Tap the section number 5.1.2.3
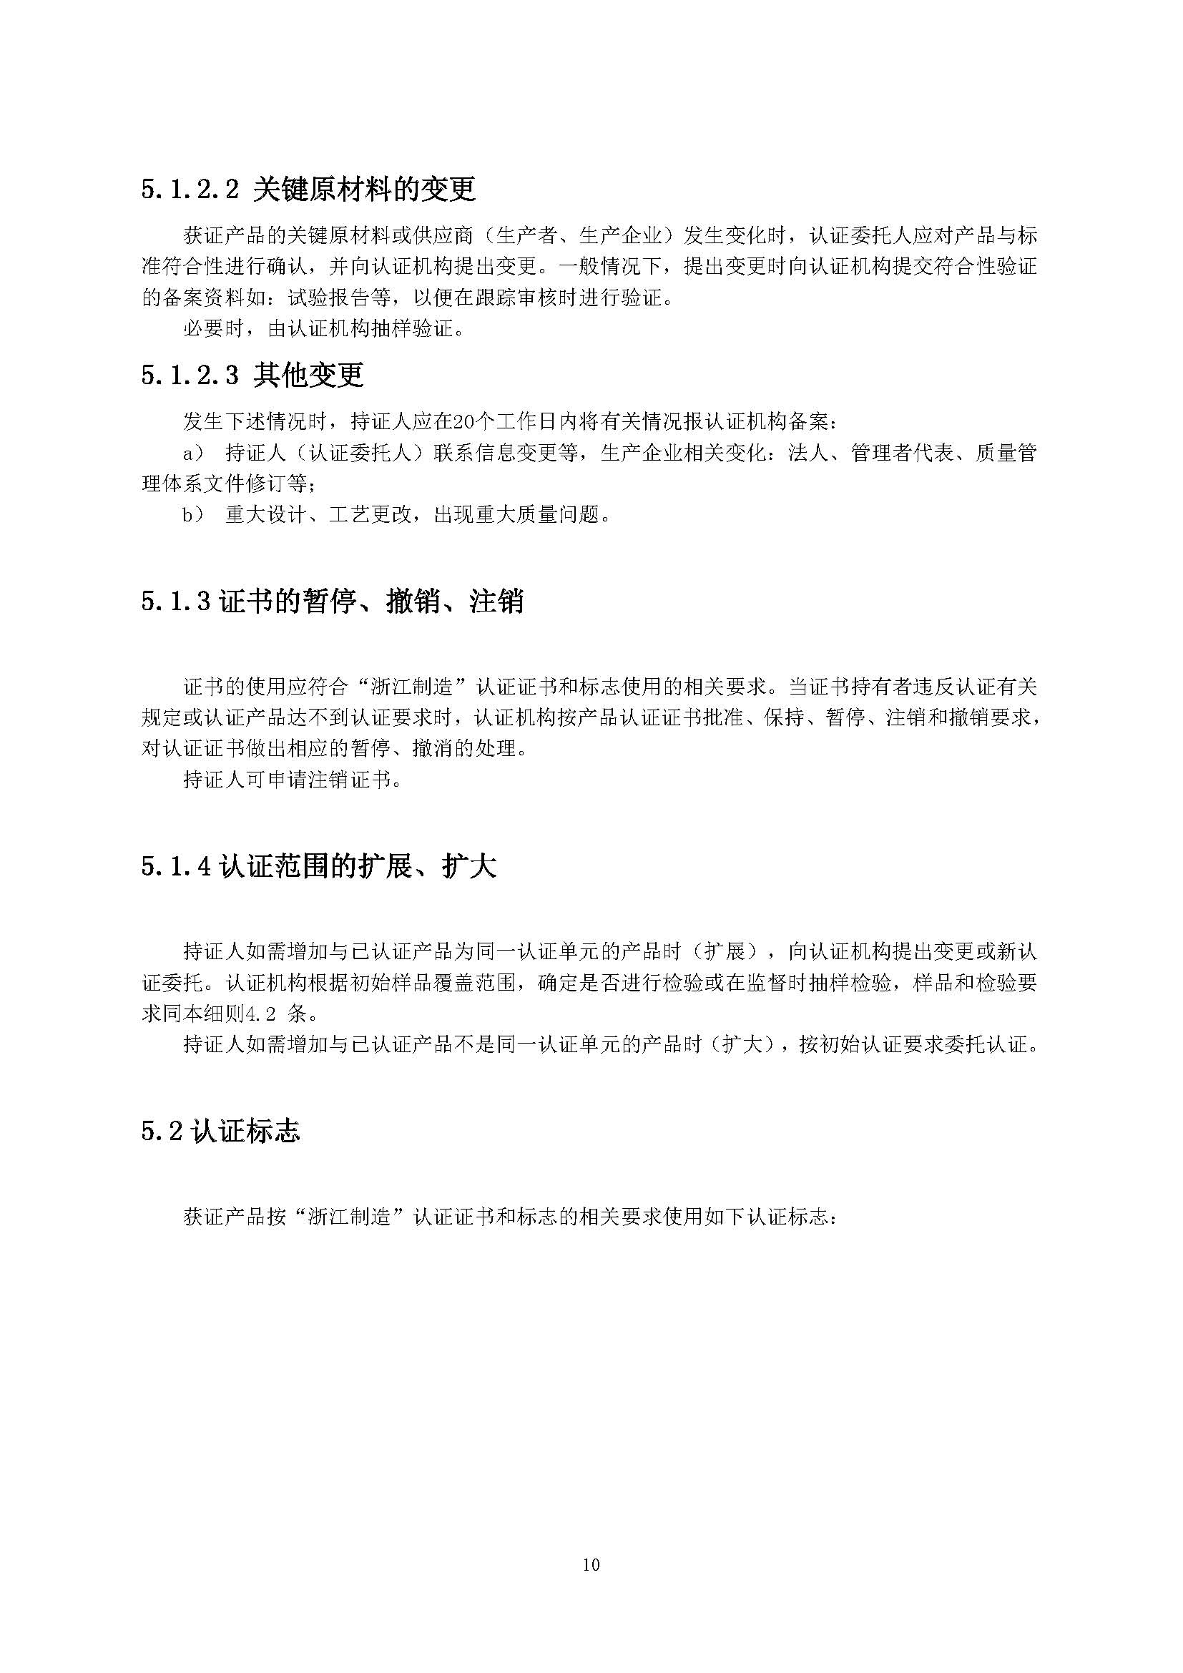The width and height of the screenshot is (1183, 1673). coord(190,376)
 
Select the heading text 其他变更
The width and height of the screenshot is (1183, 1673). coord(309,376)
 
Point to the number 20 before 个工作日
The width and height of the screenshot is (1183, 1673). coord(463,423)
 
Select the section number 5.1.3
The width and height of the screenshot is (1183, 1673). coord(175,602)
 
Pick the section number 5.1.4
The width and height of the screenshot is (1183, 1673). coord(175,867)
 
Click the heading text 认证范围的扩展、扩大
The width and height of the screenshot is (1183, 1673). coord(358,867)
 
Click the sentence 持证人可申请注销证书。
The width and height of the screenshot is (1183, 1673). coord(292,780)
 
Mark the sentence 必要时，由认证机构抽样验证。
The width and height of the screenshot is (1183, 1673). coord(323,328)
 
